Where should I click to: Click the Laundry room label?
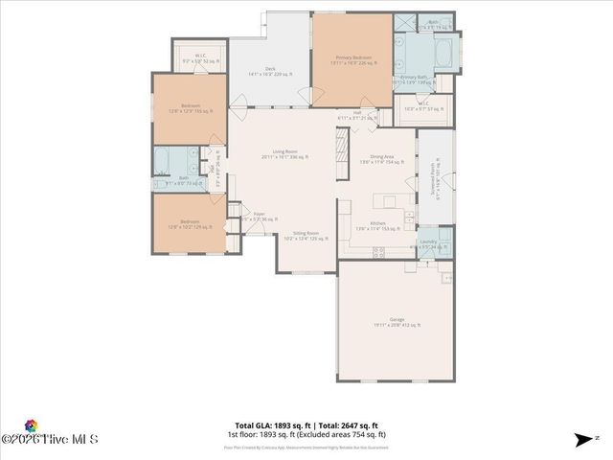coord(427,243)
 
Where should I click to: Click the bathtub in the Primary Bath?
coord(443,52)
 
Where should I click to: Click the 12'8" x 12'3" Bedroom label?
coord(190,107)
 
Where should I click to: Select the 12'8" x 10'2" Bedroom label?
coord(190,224)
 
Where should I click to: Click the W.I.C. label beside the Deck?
coord(200,58)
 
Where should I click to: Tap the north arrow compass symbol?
coord(582,440)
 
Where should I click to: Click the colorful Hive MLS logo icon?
coord(31,425)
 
